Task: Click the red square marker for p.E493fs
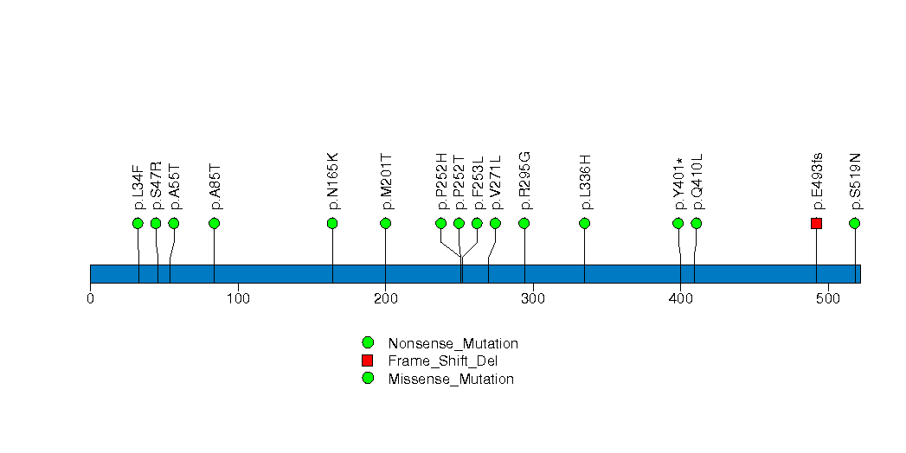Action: (x=816, y=223)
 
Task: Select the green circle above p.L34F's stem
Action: (x=138, y=223)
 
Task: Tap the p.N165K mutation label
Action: (x=332, y=182)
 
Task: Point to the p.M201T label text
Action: (x=386, y=182)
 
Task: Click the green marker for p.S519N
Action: (x=855, y=223)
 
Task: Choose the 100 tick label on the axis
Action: (x=238, y=299)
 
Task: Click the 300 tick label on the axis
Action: (x=533, y=299)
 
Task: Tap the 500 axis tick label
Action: (x=828, y=299)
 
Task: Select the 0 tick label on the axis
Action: (x=90, y=299)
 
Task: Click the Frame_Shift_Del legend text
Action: (x=442, y=361)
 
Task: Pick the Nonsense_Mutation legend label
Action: (x=453, y=343)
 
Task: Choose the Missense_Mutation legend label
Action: (x=451, y=380)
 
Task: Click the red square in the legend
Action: (x=368, y=360)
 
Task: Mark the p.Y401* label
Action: (x=678, y=184)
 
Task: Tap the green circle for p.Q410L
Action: (x=697, y=223)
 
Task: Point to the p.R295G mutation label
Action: (x=524, y=182)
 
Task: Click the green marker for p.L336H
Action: (x=584, y=223)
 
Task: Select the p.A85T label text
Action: (x=215, y=187)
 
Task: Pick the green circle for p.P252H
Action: (x=440, y=223)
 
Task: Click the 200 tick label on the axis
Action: (x=385, y=299)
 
